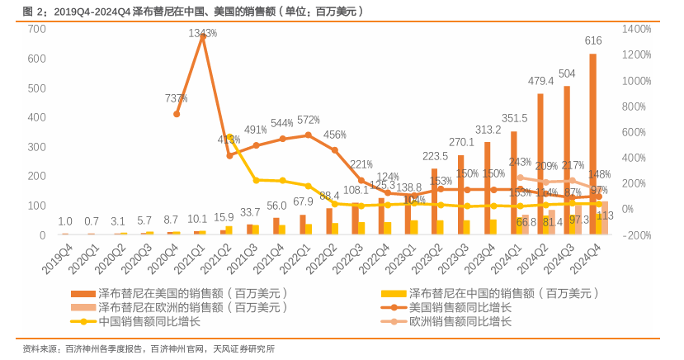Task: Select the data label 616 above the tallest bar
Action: (x=593, y=41)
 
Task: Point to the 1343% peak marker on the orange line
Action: (x=203, y=36)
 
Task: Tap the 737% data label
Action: (x=176, y=98)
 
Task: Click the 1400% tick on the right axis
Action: (x=637, y=29)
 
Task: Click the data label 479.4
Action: (x=540, y=81)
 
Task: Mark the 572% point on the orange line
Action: (x=309, y=135)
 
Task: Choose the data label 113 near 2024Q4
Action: (x=604, y=216)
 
